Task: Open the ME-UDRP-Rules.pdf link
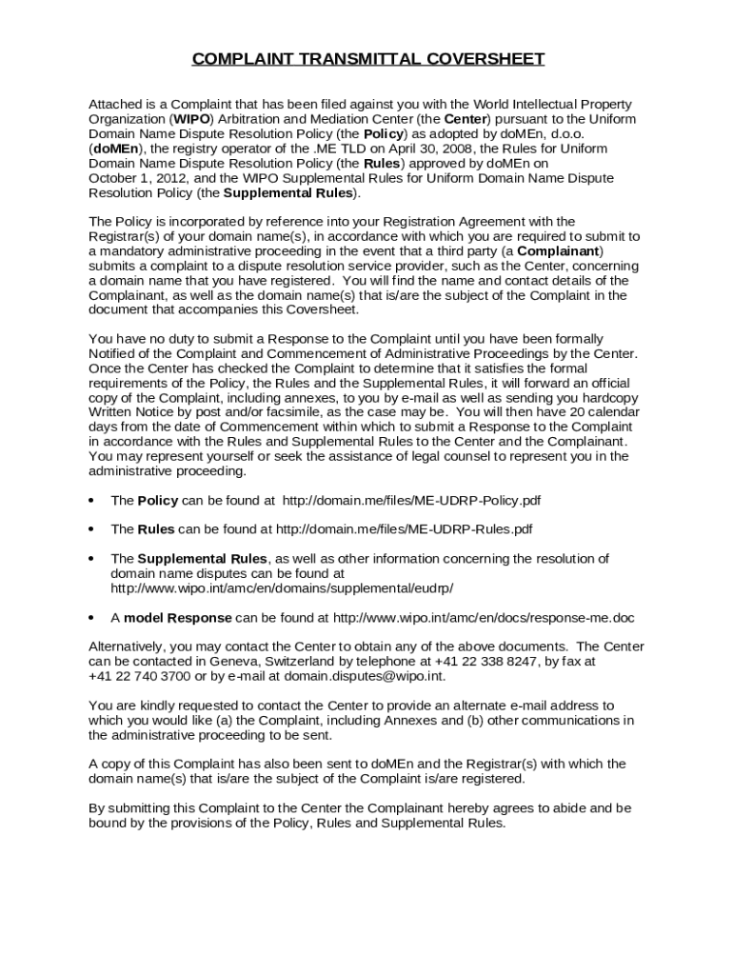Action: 405,529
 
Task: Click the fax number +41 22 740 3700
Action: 136,676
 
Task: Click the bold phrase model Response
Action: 177,618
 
